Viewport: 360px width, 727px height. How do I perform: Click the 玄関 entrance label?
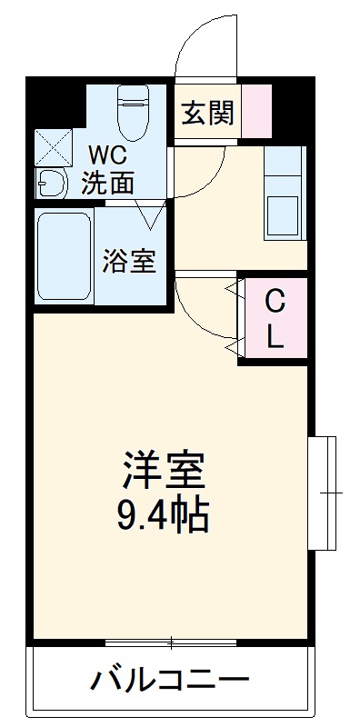[x=208, y=114]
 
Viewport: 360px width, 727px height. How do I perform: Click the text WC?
[x=106, y=154]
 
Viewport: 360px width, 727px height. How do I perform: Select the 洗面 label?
[x=107, y=183]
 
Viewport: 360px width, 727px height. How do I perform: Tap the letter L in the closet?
[x=275, y=337]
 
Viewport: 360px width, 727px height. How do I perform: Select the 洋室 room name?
[x=165, y=471]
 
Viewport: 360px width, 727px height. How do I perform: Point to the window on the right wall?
[x=323, y=493]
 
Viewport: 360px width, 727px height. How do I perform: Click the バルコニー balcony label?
[x=169, y=681]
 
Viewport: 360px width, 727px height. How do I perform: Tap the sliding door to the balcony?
[x=171, y=643]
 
